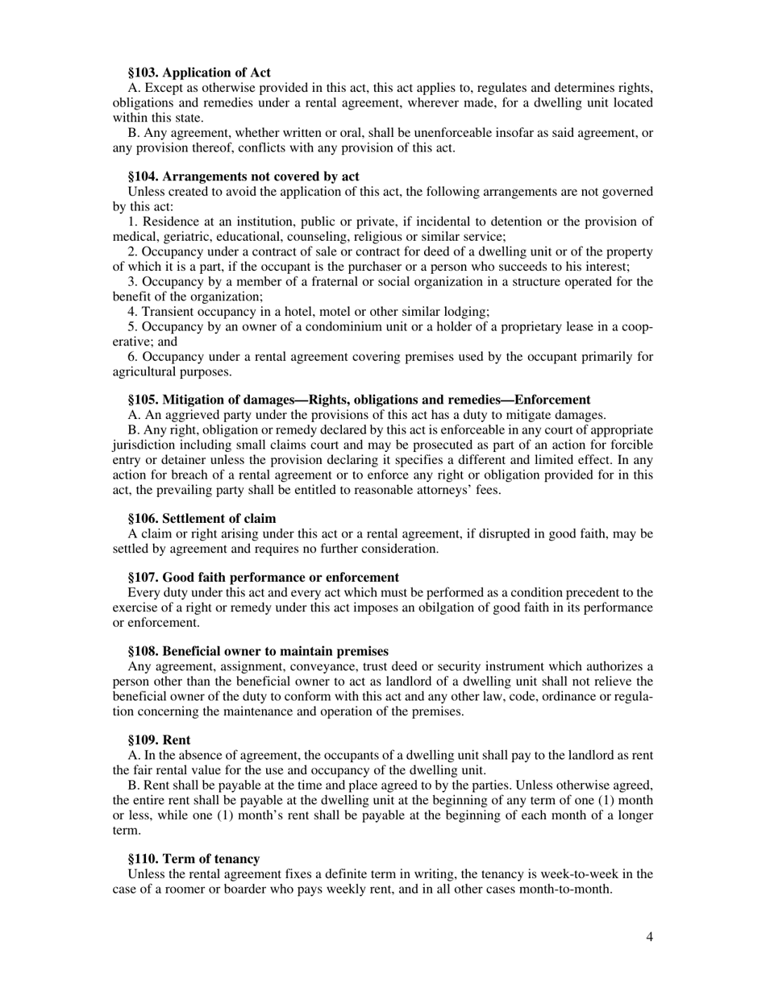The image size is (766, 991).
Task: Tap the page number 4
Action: [x=649, y=937]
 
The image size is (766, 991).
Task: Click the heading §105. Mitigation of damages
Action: [x=359, y=400]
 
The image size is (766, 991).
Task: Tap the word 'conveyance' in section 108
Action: [x=324, y=666]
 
